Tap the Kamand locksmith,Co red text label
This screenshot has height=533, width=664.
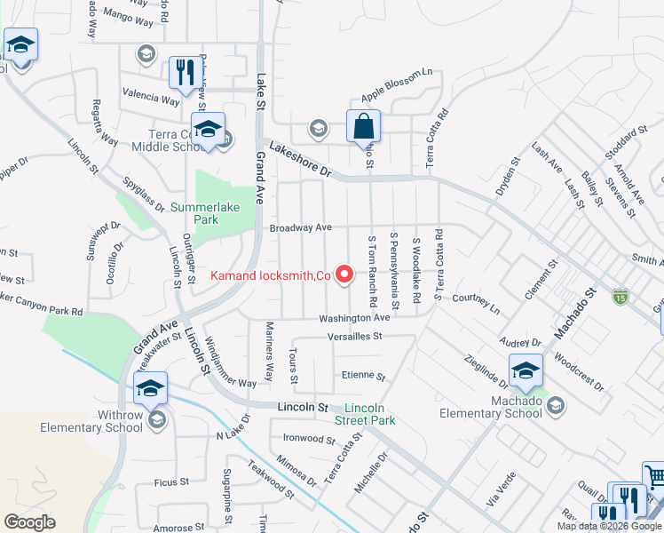coord(271,275)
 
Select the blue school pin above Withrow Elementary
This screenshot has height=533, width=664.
coord(150,388)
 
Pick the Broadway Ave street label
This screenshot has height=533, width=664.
coord(301,227)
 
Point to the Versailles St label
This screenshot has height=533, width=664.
coord(352,337)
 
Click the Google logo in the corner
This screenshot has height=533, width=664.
coord(29,521)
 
